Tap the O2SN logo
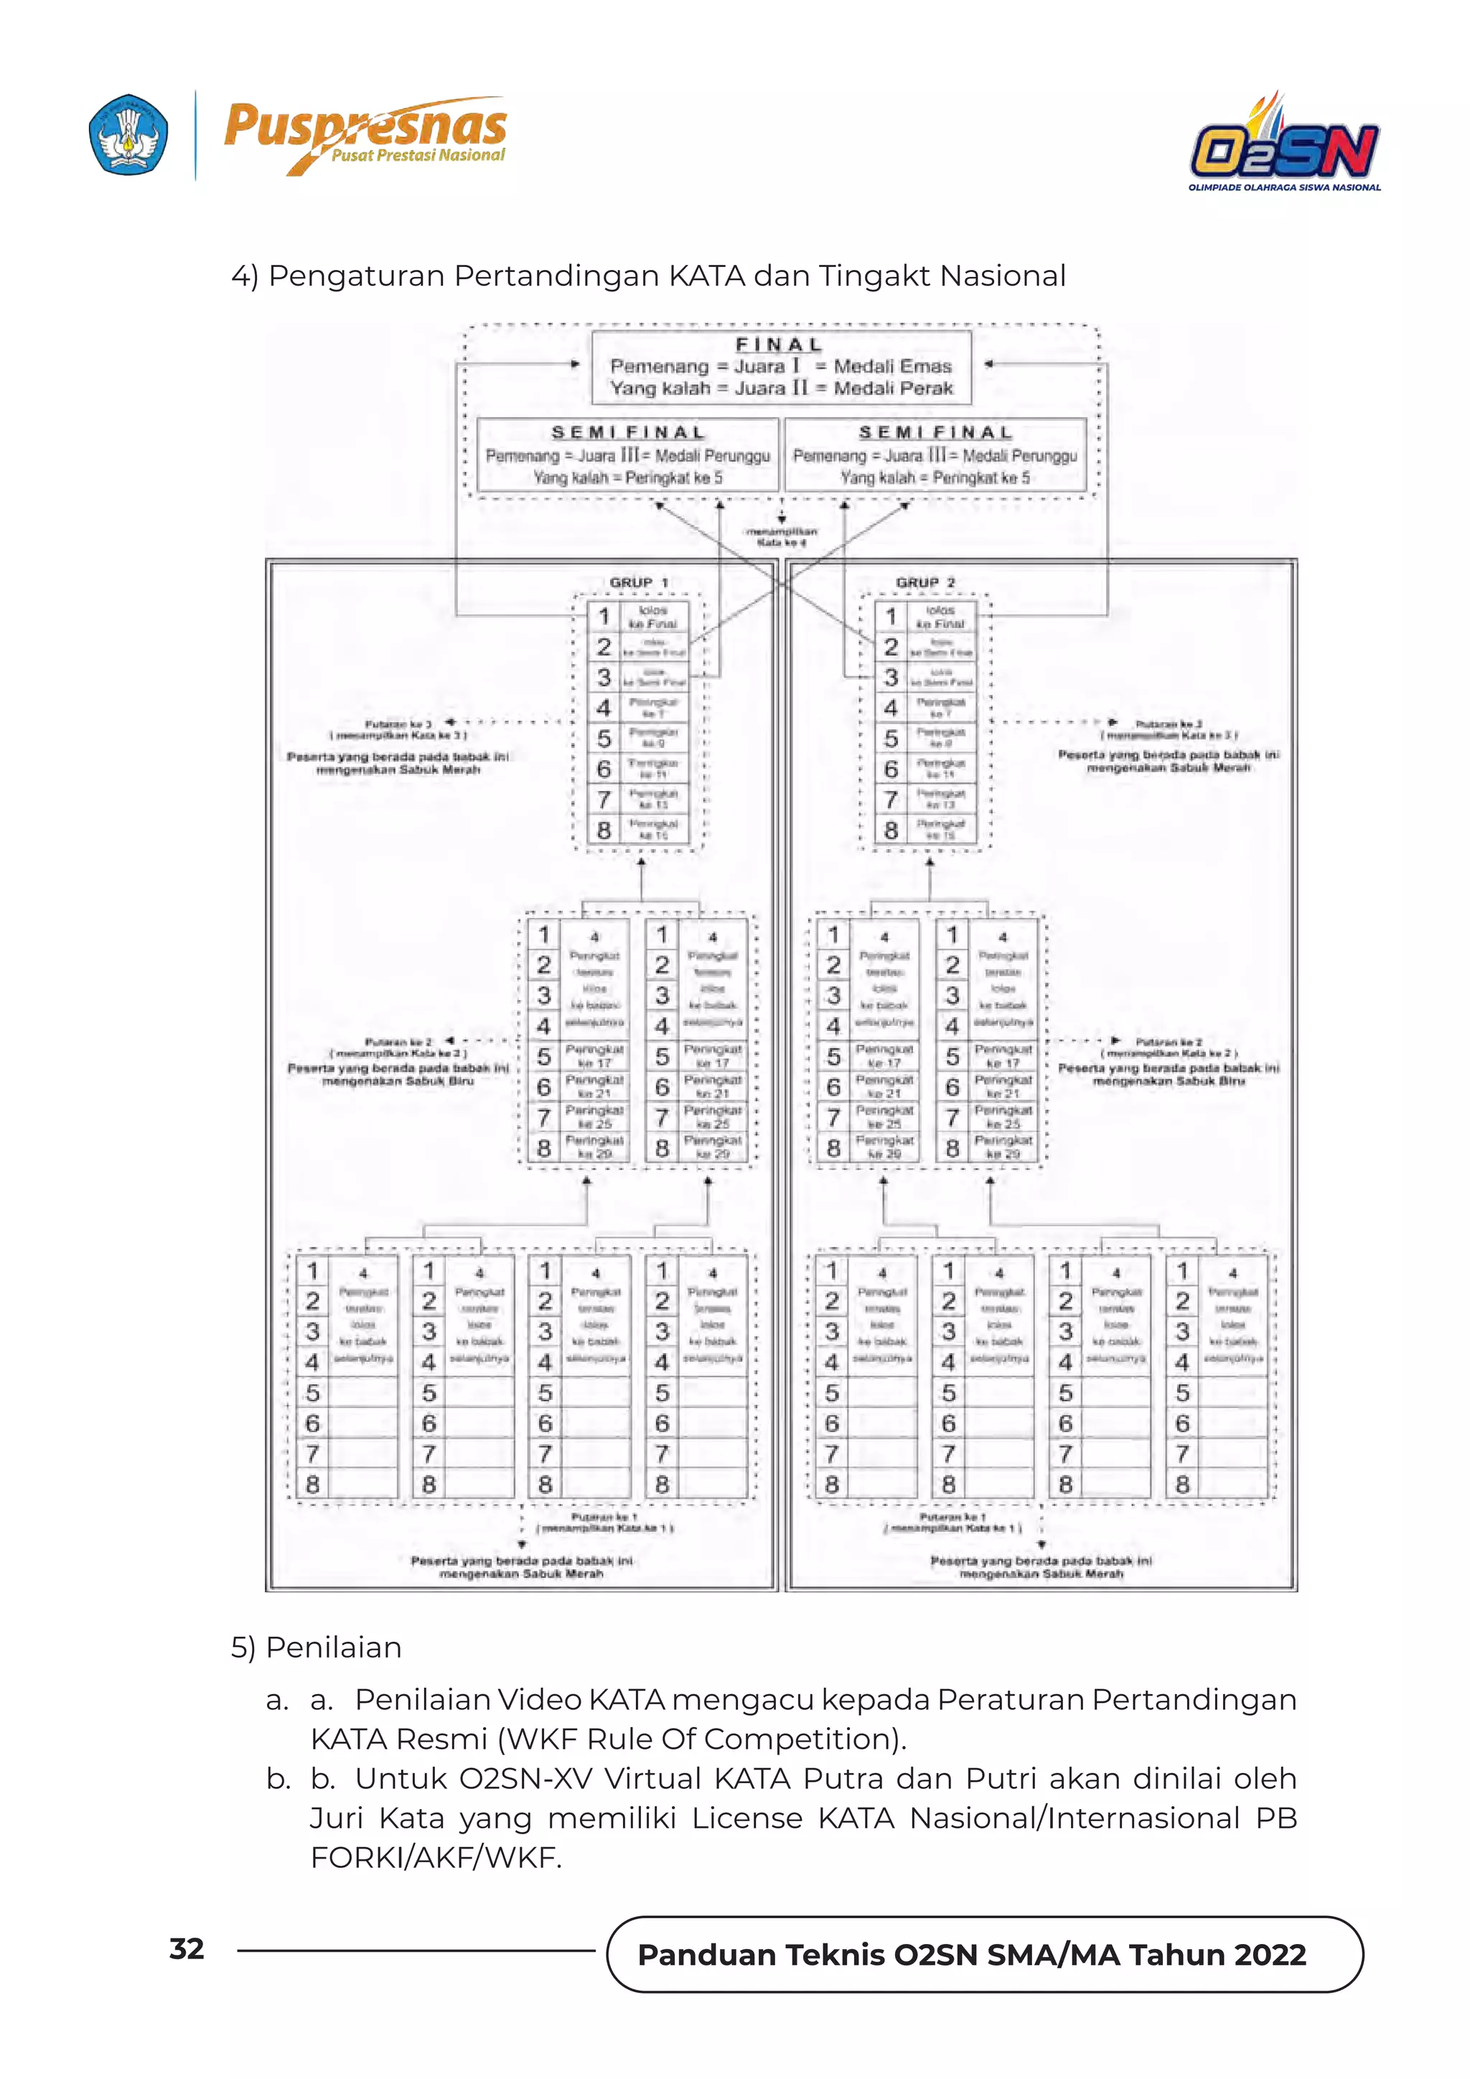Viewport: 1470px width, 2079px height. pos(1284,145)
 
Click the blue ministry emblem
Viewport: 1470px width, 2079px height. pos(128,134)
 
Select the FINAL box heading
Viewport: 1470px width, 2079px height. pos(779,344)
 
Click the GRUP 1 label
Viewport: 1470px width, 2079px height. pos(639,582)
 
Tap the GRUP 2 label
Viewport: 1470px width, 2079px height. pos(925,582)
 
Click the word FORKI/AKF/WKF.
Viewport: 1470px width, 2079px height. pos(436,1857)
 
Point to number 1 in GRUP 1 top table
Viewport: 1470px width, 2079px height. pos(604,617)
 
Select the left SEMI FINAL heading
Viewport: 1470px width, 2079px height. pos(628,432)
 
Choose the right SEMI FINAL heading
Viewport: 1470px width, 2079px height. pos(935,432)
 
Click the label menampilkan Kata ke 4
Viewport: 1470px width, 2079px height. pos(781,537)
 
